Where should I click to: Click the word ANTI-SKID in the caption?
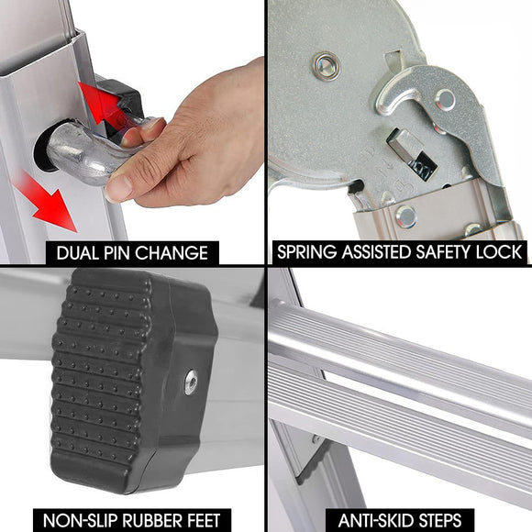[373, 520]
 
